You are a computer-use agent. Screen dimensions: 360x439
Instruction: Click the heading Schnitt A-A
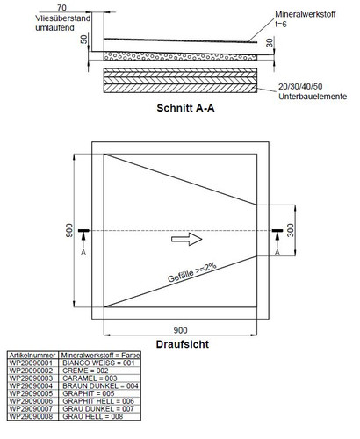click(185, 108)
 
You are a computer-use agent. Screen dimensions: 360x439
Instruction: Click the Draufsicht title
click(183, 344)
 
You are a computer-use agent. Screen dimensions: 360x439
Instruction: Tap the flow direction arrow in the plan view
click(187, 239)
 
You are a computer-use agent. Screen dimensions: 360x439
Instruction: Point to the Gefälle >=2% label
click(192, 272)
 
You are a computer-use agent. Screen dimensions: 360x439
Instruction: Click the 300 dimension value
click(290, 230)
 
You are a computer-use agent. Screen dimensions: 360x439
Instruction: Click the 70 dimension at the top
click(61, 7)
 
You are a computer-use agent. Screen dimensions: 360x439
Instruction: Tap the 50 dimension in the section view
click(83, 40)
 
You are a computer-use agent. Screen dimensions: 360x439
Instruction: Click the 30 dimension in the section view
click(270, 43)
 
